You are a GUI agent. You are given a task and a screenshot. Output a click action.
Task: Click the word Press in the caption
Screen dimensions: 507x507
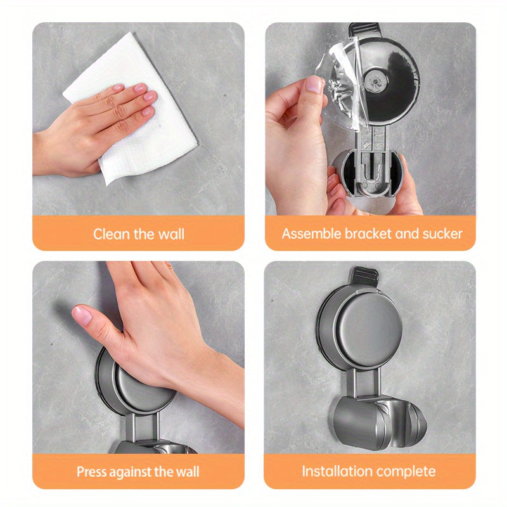[93, 472]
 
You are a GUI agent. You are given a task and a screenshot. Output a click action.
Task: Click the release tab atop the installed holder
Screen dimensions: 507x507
[364, 276]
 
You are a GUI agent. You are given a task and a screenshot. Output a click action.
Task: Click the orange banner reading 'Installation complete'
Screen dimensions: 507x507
[369, 472]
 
